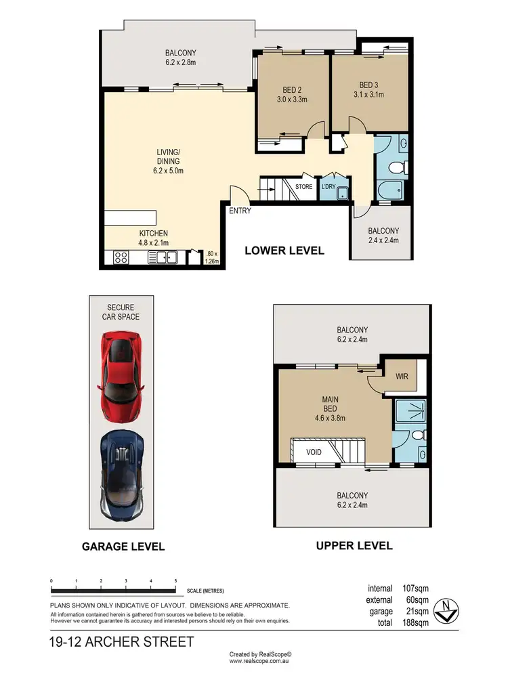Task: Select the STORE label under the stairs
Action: [303, 187]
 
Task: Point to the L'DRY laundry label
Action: [329, 187]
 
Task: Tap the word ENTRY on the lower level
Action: [240, 211]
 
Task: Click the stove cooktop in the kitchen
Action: [121, 257]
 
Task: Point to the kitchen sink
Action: [166, 257]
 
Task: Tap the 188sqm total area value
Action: [412, 622]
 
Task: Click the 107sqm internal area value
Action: [412, 588]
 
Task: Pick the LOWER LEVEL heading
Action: [284, 251]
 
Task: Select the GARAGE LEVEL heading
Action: [123, 547]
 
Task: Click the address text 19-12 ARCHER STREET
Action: [122, 641]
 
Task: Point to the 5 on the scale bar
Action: [175, 582]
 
